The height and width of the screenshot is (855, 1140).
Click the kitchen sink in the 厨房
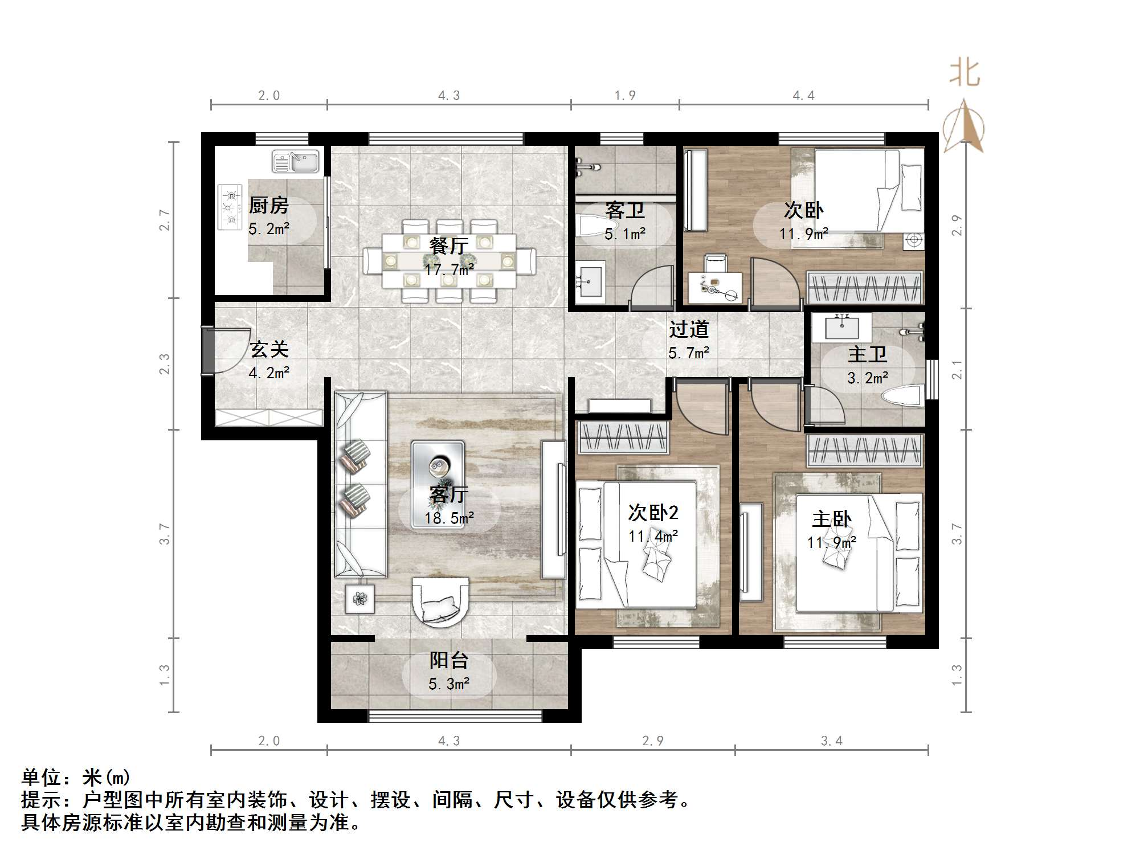pos(296,161)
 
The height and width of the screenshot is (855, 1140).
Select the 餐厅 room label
pos(449,246)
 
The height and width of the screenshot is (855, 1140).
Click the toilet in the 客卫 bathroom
pos(589,226)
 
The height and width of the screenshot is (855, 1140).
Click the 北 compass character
pos(964,73)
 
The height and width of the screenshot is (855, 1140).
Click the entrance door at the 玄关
pos(207,351)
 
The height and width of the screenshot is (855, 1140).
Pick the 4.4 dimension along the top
pos(803,95)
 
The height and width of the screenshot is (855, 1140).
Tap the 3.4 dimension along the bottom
pos(831,741)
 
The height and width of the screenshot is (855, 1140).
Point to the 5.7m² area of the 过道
pos(689,353)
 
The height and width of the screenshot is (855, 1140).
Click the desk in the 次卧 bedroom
pos(716,288)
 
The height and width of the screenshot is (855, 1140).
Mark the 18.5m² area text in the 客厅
pos(449,518)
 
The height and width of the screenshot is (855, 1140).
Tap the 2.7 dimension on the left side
pos(164,220)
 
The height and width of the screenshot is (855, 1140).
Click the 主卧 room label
pos(832,519)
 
